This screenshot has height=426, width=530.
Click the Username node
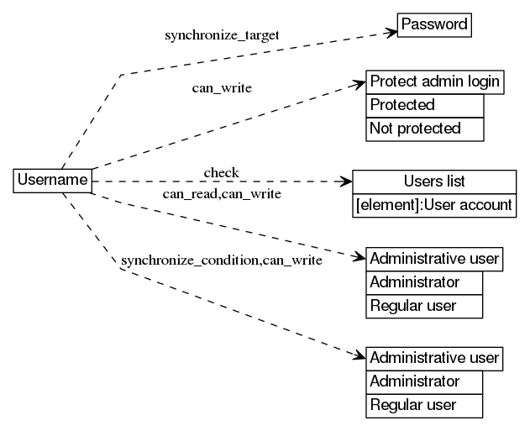pyautogui.click(x=53, y=180)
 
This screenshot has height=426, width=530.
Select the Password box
pyautogui.click(x=434, y=24)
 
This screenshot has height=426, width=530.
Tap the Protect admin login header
pyautogui.click(x=435, y=82)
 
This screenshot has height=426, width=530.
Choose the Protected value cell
pyautogui.click(x=425, y=105)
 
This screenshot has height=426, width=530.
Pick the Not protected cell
pyautogui.click(x=425, y=129)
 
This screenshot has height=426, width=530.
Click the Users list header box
pyautogui.click(x=434, y=181)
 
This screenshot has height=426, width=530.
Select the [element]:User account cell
pyautogui.click(x=434, y=205)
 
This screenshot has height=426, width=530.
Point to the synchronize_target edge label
pyautogui.click(x=222, y=35)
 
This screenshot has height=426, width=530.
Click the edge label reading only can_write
pyautogui.click(x=223, y=87)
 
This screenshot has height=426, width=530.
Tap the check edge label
pyautogui.click(x=221, y=173)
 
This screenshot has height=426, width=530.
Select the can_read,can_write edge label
pyautogui.click(x=222, y=194)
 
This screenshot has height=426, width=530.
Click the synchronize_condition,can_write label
pyautogui.click(x=222, y=260)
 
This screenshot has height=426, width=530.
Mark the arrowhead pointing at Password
pyautogui.click(x=391, y=33)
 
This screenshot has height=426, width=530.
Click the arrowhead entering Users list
pyautogui.click(x=346, y=181)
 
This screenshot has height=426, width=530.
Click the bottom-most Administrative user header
pyautogui.click(x=435, y=358)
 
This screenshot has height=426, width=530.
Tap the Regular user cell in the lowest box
pyautogui.click(x=425, y=405)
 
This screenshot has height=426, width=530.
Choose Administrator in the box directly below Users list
pyautogui.click(x=425, y=282)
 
